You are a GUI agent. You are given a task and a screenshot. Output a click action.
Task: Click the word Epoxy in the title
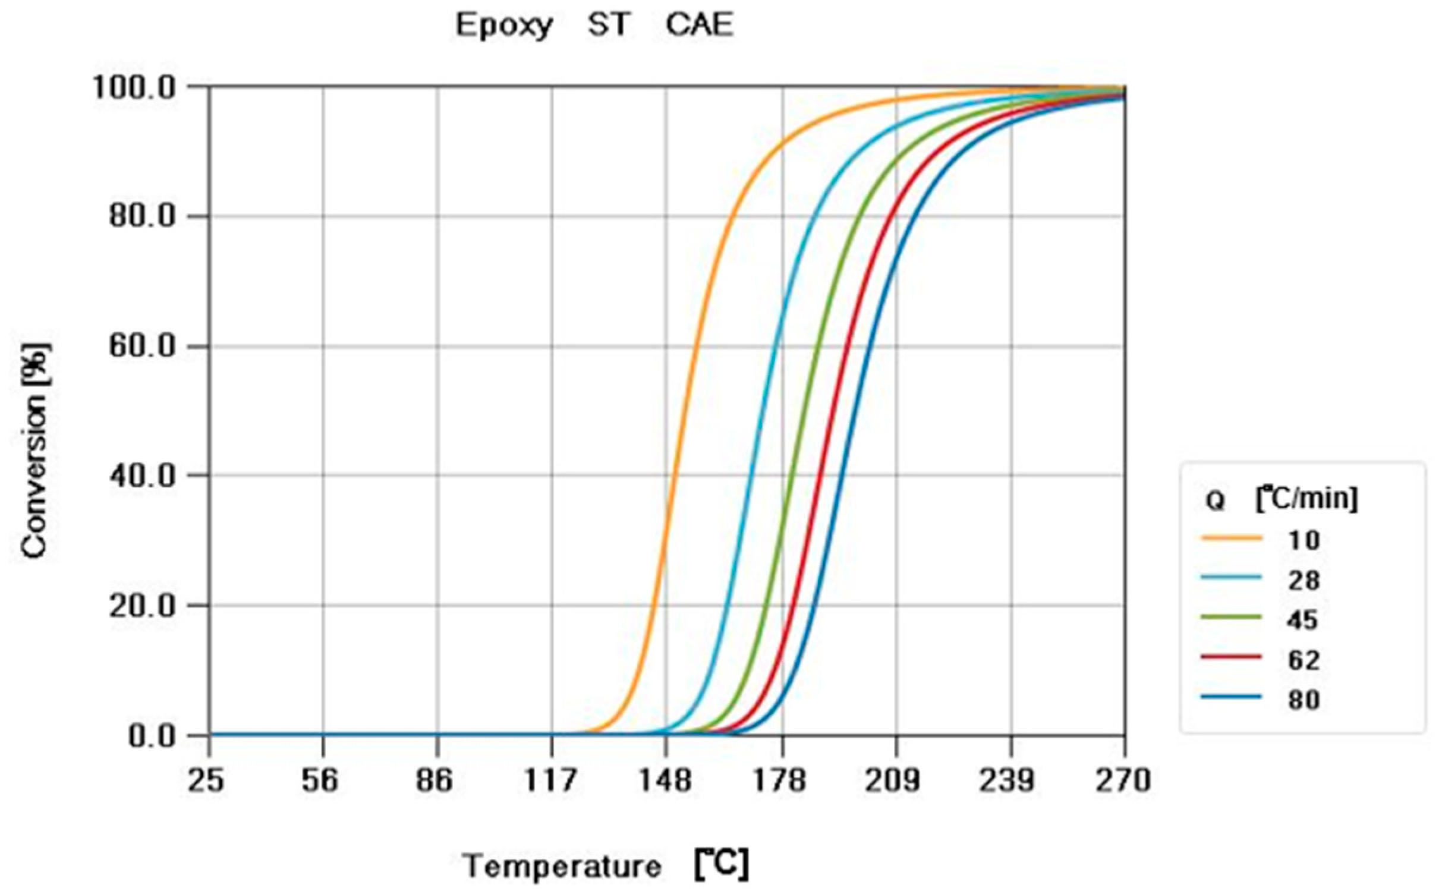click(x=504, y=26)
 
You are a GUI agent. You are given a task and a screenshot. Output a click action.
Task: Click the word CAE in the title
click(x=700, y=26)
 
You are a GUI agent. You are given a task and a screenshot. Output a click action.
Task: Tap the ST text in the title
click(x=607, y=26)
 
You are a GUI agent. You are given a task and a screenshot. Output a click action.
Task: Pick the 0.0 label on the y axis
click(x=152, y=736)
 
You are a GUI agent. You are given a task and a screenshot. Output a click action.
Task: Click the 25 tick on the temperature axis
click(x=206, y=780)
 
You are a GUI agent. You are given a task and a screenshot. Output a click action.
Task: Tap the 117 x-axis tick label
click(x=550, y=780)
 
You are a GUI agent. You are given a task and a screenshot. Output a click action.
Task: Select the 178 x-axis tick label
click(x=780, y=780)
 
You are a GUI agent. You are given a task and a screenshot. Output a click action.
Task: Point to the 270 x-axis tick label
click(x=1123, y=780)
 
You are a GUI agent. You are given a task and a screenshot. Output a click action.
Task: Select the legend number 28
click(x=1304, y=580)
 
